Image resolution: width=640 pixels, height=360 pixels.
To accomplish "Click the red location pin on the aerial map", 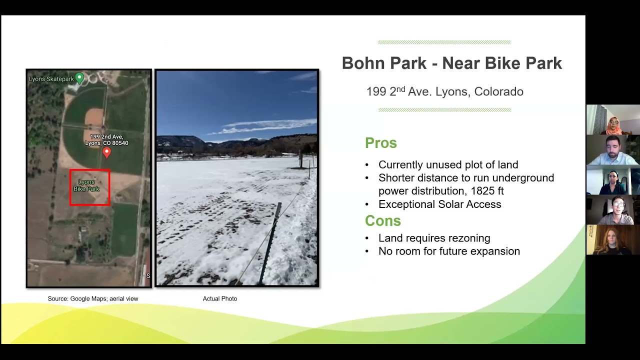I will (x=106, y=152).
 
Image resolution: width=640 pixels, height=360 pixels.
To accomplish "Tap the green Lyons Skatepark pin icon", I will (x=79, y=78).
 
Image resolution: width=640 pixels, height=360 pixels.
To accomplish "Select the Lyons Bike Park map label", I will (x=86, y=185).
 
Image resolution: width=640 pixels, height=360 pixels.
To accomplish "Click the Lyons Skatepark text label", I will (x=51, y=79).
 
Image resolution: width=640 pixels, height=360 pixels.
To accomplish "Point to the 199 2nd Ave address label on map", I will (x=106, y=140).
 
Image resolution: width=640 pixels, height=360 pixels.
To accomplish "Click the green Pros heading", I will (x=380, y=143).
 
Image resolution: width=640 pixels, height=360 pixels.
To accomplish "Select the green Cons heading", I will (x=382, y=221).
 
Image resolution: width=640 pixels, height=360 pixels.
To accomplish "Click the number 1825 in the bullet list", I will (x=479, y=191).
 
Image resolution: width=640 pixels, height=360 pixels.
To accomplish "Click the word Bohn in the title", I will (x=362, y=63).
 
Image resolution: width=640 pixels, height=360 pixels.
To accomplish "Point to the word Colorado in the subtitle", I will (x=498, y=92).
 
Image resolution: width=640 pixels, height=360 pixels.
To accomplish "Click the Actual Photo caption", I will (x=220, y=299).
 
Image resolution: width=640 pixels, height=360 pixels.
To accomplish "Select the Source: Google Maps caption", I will (x=93, y=299).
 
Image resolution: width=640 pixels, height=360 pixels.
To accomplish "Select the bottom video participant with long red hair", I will (x=612, y=240).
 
